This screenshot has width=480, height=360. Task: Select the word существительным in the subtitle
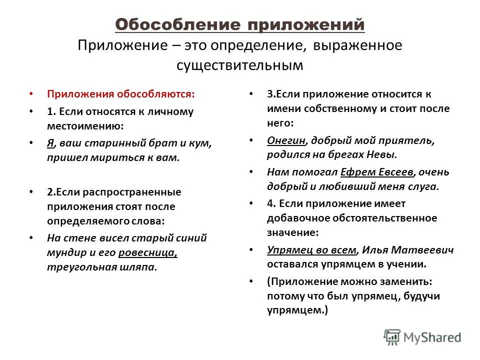tap(239, 65)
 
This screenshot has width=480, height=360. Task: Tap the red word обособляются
tap(156, 94)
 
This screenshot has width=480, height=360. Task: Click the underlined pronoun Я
tap(50, 143)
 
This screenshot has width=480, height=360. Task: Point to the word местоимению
tap(85, 126)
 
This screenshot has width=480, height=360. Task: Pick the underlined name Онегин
tap(286, 140)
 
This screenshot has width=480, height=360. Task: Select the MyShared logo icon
tap(392, 337)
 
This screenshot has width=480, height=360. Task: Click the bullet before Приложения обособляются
tap(31, 94)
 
